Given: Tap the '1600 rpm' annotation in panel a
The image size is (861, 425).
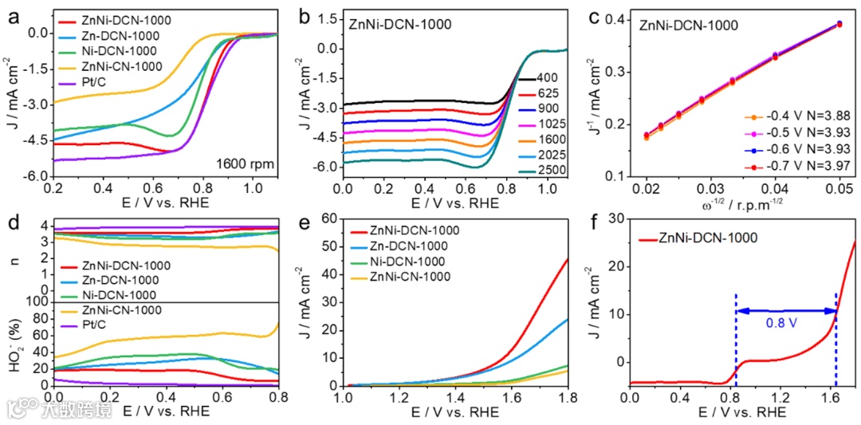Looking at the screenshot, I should pyautogui.click(x=246, y=165).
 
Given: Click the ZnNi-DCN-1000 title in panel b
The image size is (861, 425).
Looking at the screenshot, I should pyautogui.click(x=400, y=24).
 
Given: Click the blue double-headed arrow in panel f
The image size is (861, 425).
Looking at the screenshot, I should pyautogui.click(x=785, y=310).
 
